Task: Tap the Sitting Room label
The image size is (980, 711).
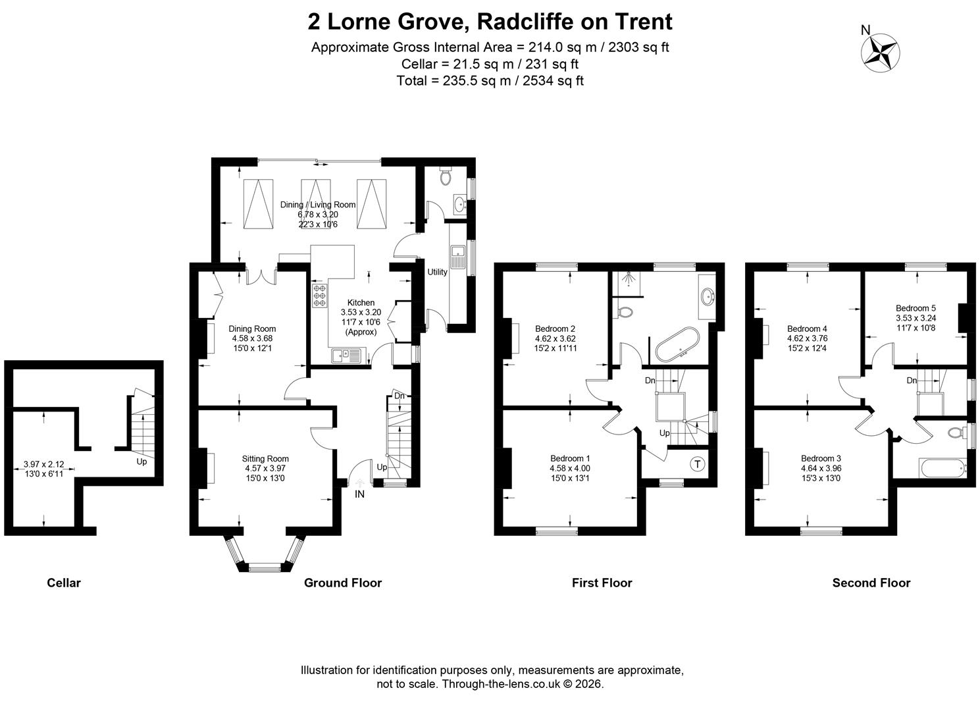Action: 265,459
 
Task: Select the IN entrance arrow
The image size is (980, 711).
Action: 359,483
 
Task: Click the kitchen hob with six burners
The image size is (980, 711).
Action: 319,295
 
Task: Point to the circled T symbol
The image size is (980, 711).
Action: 698,463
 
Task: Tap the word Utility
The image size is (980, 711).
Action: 437,272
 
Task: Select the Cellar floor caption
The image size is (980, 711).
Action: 64,583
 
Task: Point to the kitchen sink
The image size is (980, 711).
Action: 346,355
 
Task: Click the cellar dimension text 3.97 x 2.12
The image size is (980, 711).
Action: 43,464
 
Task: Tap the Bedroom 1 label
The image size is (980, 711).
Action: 570,458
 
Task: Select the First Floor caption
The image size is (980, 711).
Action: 602,583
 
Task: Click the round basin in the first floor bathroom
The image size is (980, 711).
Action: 708,296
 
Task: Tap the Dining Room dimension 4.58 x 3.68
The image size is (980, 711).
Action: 253,338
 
